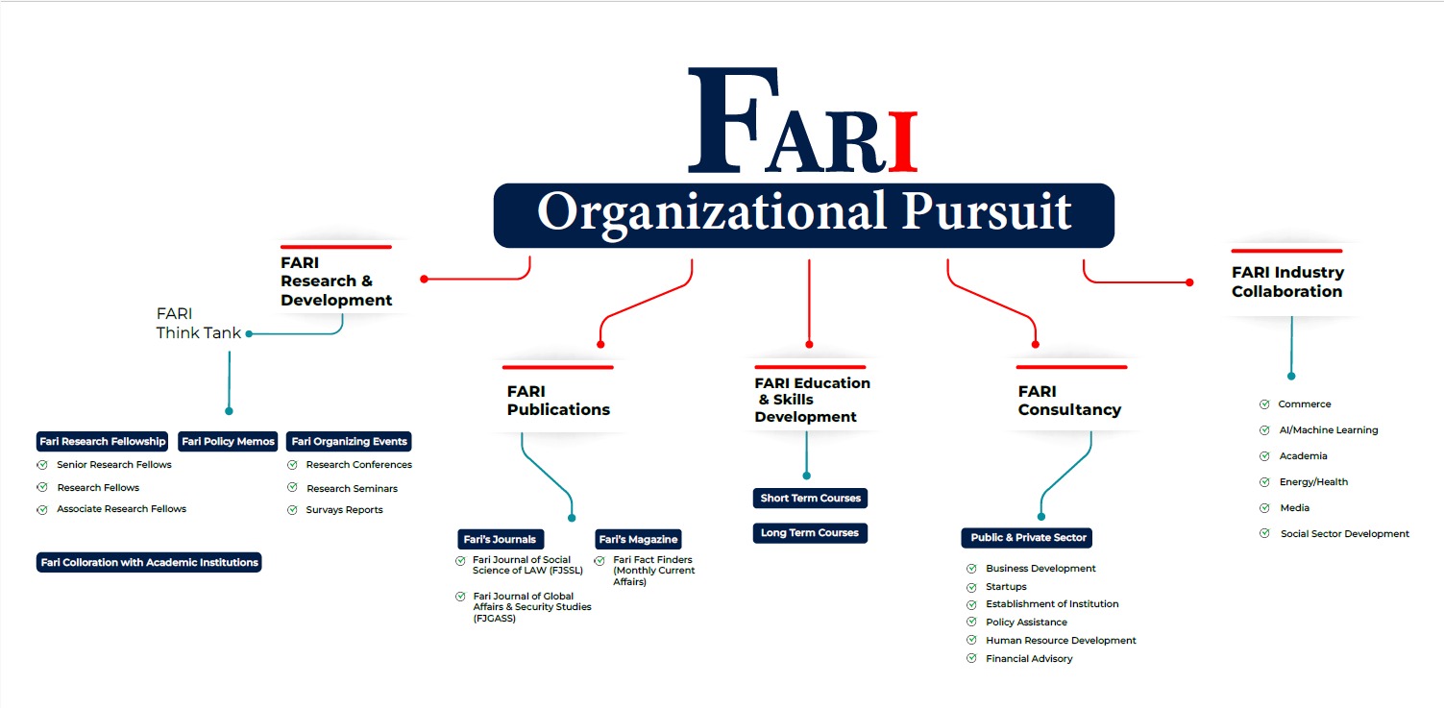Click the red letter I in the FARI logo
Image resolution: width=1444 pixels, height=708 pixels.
click(902, 142)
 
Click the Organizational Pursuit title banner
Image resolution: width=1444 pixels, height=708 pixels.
click(804, 215)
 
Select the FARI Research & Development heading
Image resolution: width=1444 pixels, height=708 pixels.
click(336, 281)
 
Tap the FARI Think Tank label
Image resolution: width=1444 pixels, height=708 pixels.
click(199, 323)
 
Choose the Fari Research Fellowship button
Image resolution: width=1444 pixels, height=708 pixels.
click(103, 441)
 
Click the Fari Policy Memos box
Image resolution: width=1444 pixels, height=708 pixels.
click(229, 441)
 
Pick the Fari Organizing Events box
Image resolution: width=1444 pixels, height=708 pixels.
click(349, 441)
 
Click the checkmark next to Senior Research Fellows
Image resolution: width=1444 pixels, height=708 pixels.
click(42, 464)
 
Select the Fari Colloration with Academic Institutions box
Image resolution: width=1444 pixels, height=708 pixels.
click(149, 562)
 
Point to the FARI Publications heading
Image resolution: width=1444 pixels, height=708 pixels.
click(558, 401)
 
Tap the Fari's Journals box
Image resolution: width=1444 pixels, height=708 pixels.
click(501, 539)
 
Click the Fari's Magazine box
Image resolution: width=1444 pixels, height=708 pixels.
click(638, 539)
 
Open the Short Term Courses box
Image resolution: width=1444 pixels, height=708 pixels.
click(810, 498)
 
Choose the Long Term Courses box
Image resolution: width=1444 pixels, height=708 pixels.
click(810, 532)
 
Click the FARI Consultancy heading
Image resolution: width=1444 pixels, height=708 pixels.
click(1069, 401)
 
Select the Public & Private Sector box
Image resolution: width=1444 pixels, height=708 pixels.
click(1027, 537)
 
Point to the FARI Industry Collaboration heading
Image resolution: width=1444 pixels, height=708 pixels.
click(1287, 281)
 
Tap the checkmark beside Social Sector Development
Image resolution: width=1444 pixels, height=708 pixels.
click(1264, 533)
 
